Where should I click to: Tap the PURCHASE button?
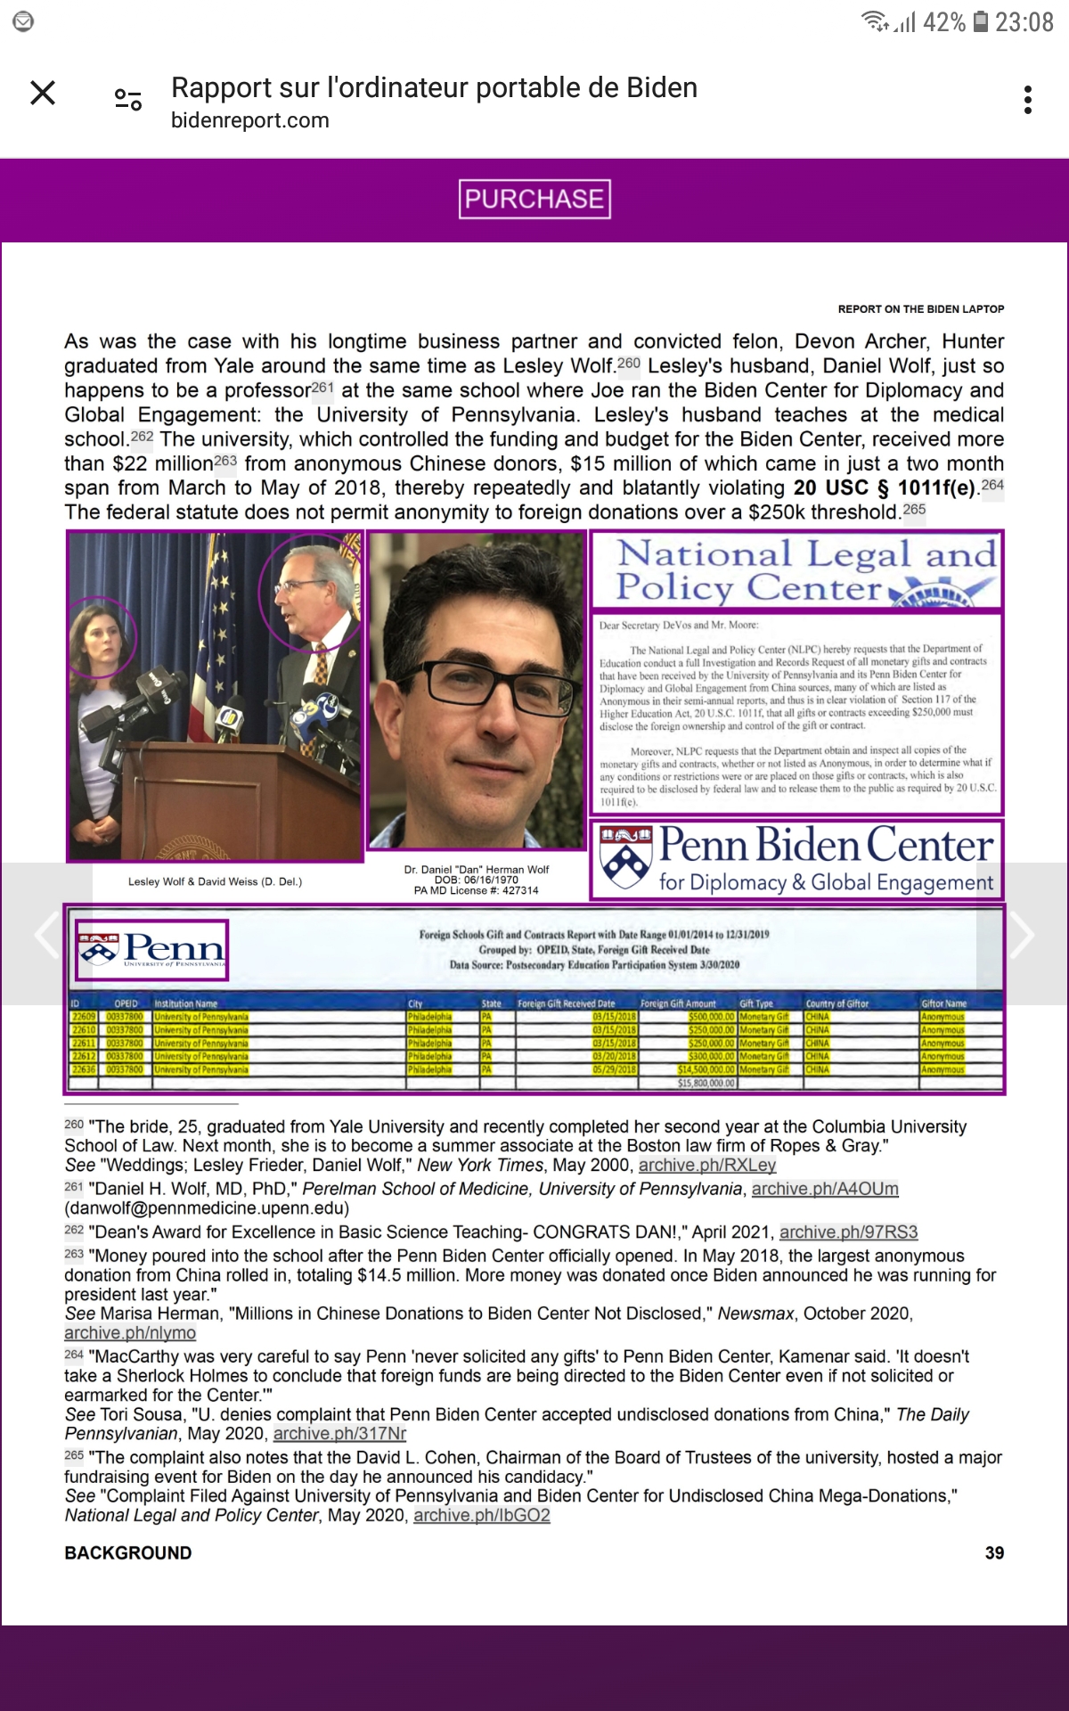pyautogui.click(x=534, y=199)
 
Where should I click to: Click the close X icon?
pyautogui.click(x=43, y=93)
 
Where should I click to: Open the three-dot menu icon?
pyautogui.click(x=1028, y=100)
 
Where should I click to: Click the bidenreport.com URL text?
pyautogui.click(x=250, y=120)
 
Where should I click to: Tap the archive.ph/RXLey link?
pyautogui.click(x=706, y=1165)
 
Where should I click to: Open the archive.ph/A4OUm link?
pyautogui.click(x=825, y=1189)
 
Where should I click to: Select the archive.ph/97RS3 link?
pyautogui.click(x=848, y=1232)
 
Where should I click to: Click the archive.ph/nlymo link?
pyautogui.click(x=130, y=1332)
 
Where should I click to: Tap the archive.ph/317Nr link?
pyautogui.click(x=339, y=1433)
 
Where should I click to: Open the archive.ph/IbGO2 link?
pyautogui.click(x=482, y=1515)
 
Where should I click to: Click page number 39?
pyautogui.click(x=994, y=1552)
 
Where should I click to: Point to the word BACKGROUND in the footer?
pyautogui.click(x=128, y=1552)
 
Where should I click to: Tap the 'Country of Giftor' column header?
pyautogui.click(x=836, y=1003)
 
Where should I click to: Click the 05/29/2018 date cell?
pyautogui.click(x=615, y=1069)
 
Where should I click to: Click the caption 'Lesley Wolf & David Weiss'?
pyautogui.click(x=215, y=881)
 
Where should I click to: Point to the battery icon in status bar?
pyautogui.click(x=981, y=21)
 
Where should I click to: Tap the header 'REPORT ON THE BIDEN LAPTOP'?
pyautogui.click(x=920, y=309)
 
